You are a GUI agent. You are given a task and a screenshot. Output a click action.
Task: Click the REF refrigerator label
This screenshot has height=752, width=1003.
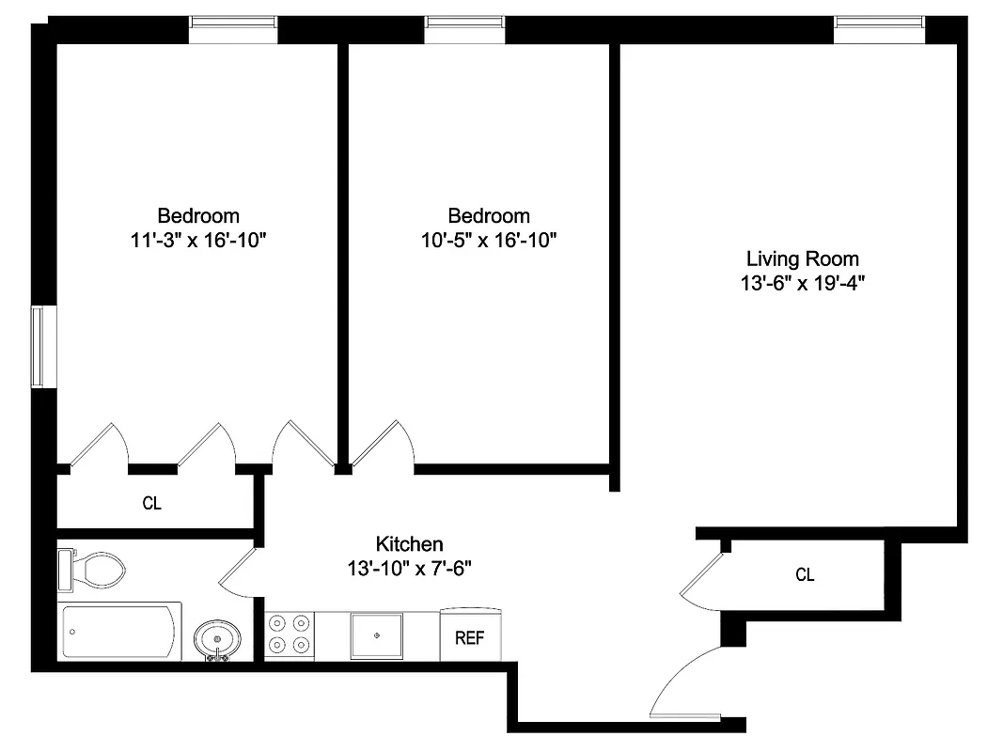click(470, 638)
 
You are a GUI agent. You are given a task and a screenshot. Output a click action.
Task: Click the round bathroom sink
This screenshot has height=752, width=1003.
click(217, 640)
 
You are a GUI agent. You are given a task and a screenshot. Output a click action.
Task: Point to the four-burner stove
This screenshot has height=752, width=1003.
click(289, 634)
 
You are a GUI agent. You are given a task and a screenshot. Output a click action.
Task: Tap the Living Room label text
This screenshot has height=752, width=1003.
click(802, 258)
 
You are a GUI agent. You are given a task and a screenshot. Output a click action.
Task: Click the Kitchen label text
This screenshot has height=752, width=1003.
click(409, 543)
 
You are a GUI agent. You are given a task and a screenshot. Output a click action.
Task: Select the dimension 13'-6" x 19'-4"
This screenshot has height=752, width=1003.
click(802, 283)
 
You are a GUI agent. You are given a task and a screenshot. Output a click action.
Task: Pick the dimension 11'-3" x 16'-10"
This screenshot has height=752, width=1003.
click(198, 240)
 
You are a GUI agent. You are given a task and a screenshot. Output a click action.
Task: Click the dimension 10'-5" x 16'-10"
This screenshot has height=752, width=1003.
click(489, 240)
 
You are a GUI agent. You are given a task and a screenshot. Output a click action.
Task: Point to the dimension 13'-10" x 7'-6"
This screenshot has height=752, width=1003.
click(409, 568)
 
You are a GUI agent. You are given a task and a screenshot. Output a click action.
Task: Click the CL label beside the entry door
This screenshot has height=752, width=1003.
click(805, 574)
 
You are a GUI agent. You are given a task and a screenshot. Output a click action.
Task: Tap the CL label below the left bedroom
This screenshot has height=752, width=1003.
click(151, 503)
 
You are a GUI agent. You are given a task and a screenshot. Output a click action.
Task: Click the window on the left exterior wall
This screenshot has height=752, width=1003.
click(38, 346)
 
